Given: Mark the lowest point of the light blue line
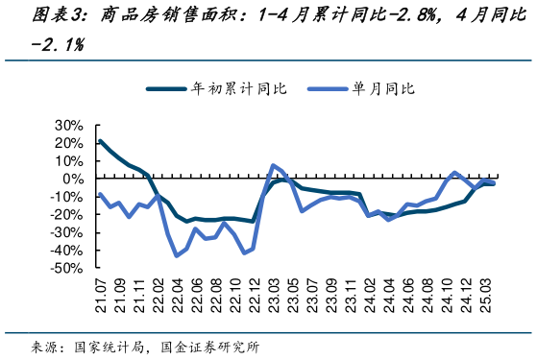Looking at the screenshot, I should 177,255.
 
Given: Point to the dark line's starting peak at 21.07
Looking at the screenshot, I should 101,141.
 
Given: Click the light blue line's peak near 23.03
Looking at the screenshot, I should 274,165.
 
